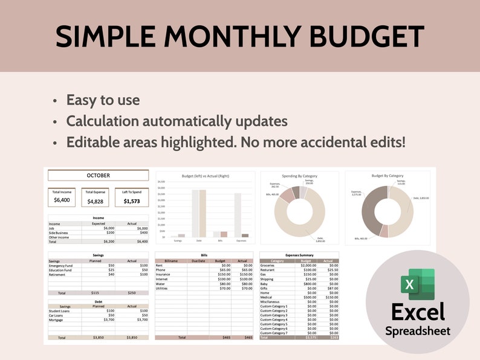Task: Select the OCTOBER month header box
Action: coord(98,175)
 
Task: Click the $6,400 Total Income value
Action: coord(62,200)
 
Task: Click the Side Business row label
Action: coord(59,233)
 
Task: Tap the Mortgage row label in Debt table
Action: coord(56,320)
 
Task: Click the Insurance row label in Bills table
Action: coord(164,274)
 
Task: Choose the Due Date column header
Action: coord(199,261)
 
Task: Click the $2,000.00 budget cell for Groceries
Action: coord(308,265)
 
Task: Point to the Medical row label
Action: coord(267,297)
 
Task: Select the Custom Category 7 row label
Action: coord(274,333)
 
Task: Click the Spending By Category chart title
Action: coord(300,176)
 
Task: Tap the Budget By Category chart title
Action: coord(387,176)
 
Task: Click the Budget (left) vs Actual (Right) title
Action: coord(205,176)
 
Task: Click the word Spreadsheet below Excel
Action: coord(418,331)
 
